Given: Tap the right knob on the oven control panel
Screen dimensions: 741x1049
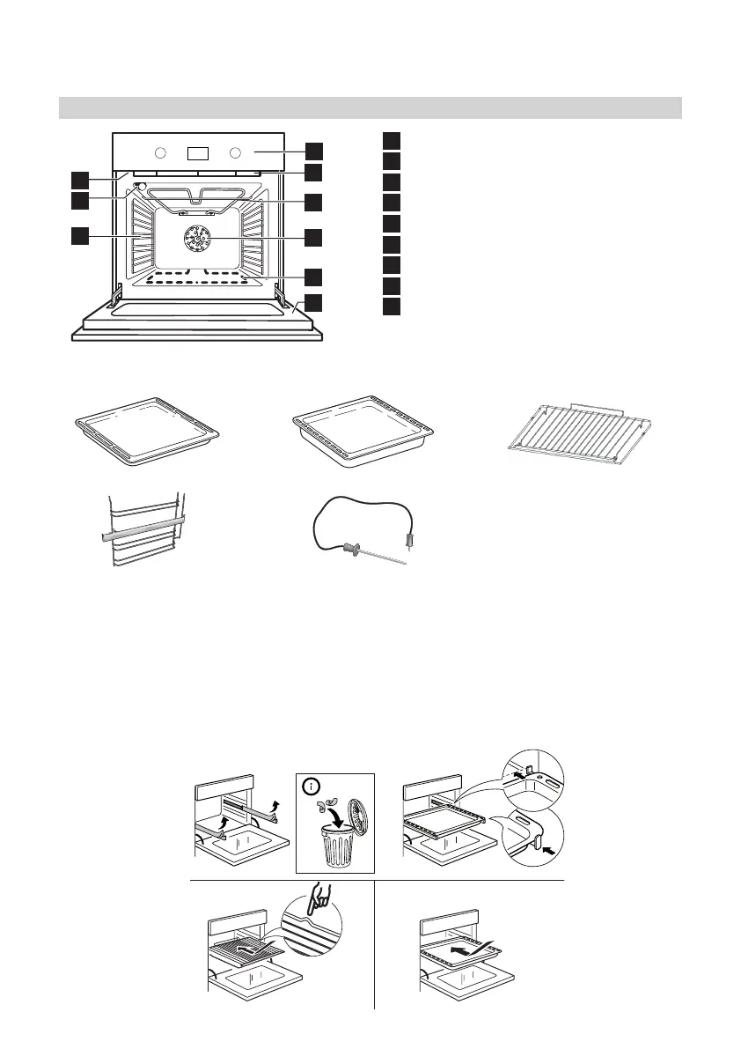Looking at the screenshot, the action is click(235, 152).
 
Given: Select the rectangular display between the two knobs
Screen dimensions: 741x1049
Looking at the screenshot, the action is click(198, 152).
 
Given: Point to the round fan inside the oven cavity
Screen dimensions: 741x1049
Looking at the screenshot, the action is click(195, 238).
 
